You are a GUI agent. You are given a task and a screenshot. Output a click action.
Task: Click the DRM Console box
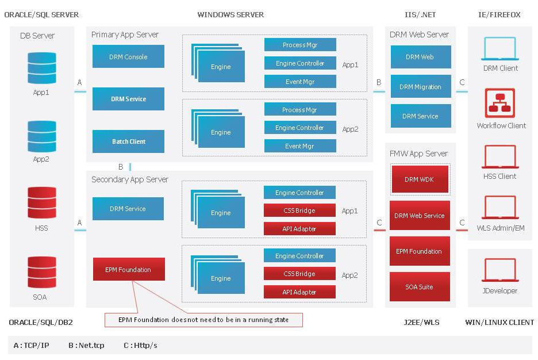tap(128, 57)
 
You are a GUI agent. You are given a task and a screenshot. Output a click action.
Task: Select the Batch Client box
tap(128, 141)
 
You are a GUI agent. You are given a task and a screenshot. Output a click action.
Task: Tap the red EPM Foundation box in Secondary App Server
tap(128, 269)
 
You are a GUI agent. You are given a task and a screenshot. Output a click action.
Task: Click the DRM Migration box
tap(420, 87)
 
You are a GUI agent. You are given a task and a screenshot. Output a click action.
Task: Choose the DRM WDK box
tap(419, 179)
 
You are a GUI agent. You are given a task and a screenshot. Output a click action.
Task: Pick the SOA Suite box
tap(419, 287)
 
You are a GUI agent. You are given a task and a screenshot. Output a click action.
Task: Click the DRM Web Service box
tap(419, 216)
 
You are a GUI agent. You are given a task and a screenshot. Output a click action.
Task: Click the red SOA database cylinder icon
tap(42, 272)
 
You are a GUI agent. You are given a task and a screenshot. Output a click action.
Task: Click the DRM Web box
tap(420, 57)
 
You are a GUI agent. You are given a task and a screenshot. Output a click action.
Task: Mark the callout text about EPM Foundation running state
tap(203, 320)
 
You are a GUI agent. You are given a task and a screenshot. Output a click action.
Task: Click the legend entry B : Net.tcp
tap(86, 346)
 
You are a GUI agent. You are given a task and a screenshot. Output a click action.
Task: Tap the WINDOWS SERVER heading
tap(230, 15)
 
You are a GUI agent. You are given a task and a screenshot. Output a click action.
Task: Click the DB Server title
tap(37, 36)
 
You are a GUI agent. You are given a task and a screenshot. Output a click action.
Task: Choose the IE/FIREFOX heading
tap(499, 15)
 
